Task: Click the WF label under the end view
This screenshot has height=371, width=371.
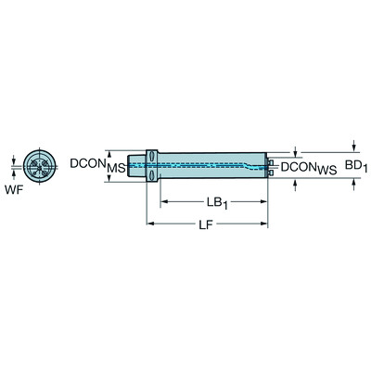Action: tap(15, 191)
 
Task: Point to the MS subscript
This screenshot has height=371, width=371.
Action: tap(116, 168)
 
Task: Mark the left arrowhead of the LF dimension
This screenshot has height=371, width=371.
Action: tap(151, 224)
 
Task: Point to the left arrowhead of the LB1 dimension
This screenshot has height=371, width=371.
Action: tap(164, 200)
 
